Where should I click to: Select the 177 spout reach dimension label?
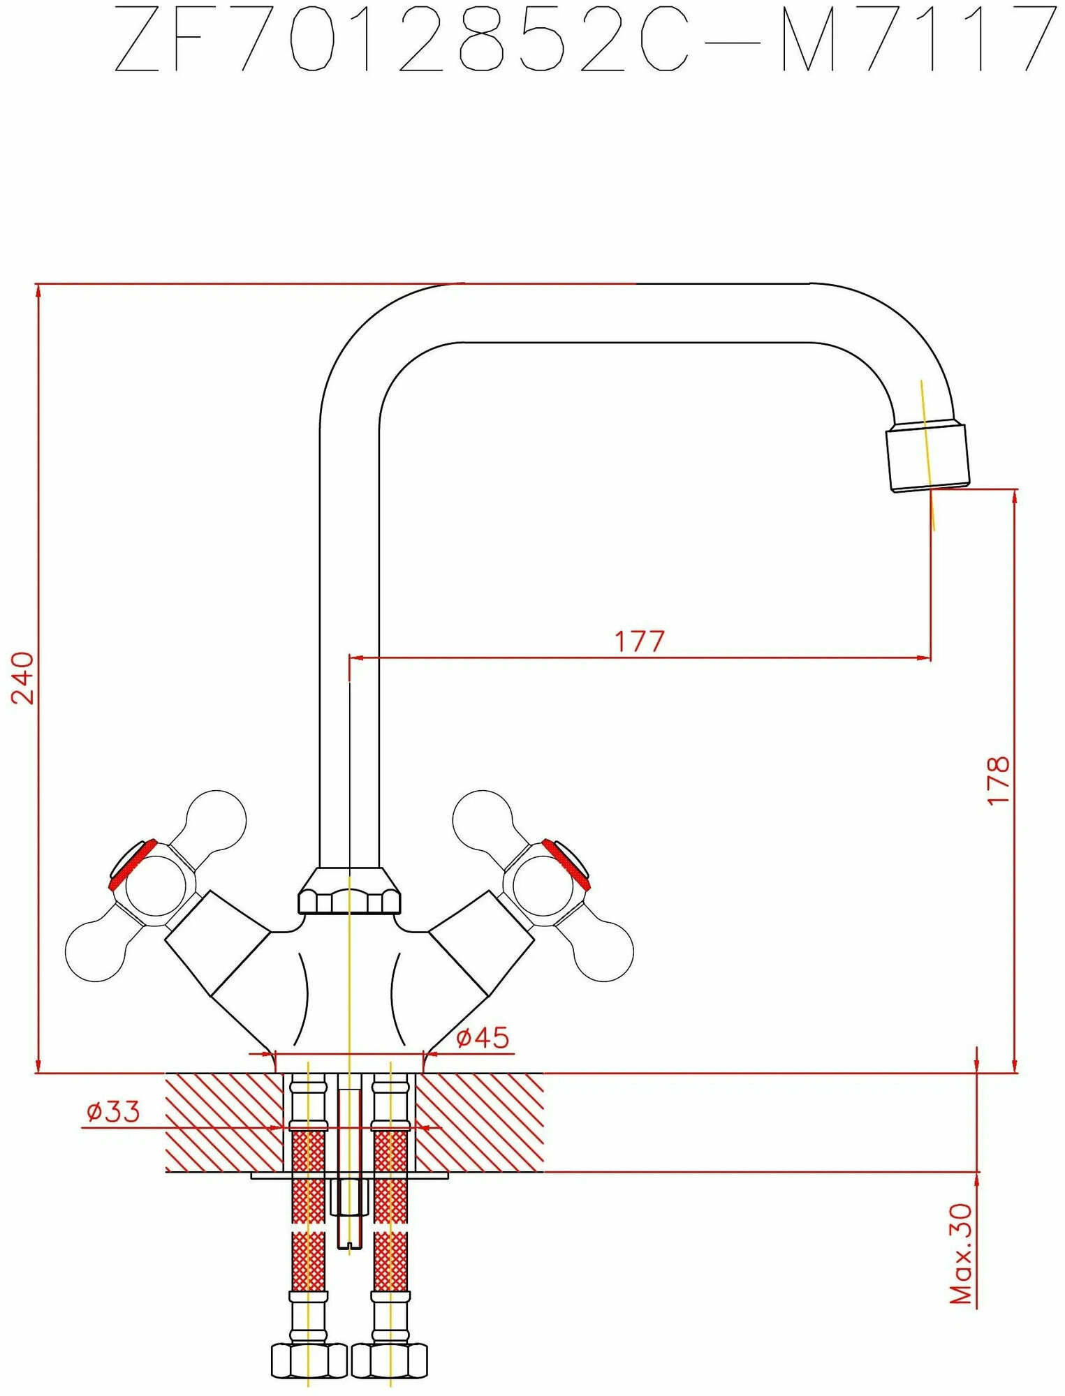click(x=639, y=641)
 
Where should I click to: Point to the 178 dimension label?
click(x=999, y=780)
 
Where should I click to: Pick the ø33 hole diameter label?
click(x=112, y=1112)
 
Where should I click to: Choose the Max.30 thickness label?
click(x=963, y=1253)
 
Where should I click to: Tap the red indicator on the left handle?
click(x=131, y=864)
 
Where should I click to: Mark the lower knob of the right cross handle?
click(x=605, y=951)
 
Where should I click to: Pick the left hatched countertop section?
click(x=223, y=1122)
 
